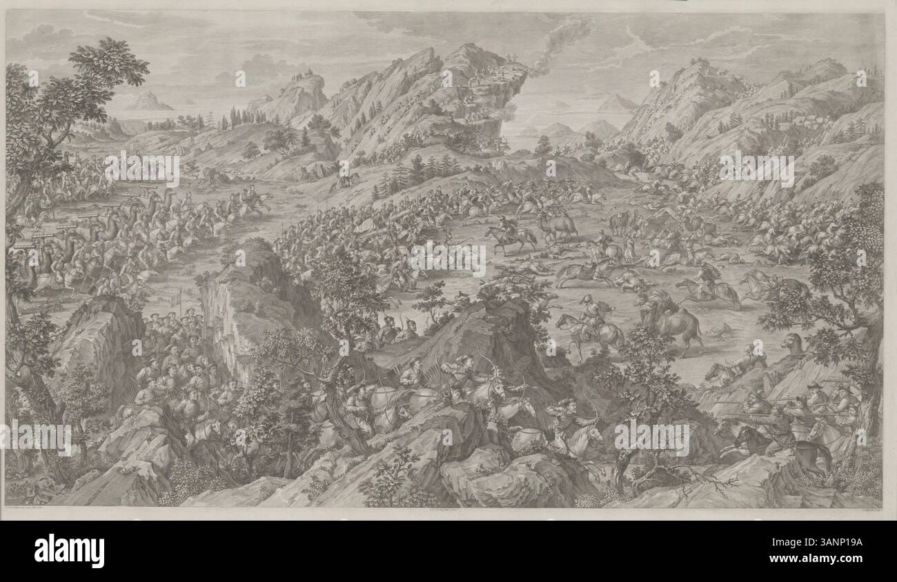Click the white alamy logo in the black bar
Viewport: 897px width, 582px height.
pos(68,551)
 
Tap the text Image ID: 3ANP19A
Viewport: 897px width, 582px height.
pos(829,544)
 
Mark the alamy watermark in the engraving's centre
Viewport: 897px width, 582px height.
pos(448,257)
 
